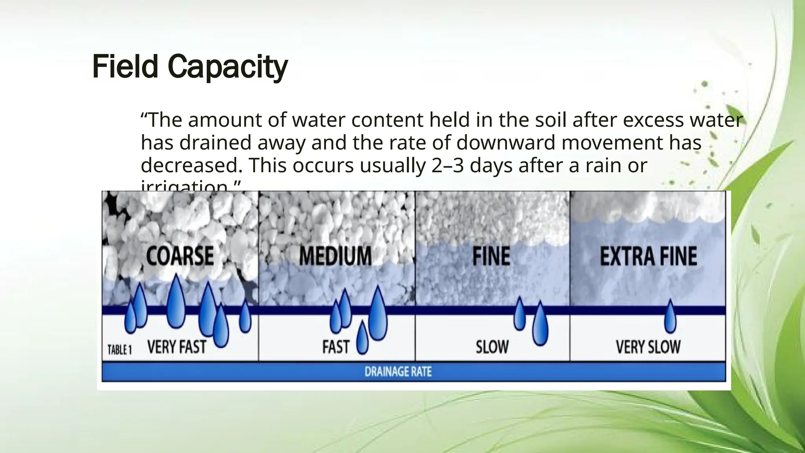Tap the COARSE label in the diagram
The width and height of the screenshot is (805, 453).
(x=180, y=256)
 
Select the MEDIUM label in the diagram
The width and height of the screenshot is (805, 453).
(x=335, y=256)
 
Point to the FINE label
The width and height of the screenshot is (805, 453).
(x=491, y=256)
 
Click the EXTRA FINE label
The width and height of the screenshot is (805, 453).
(x=649, y=256)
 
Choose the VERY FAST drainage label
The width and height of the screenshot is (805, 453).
(x=176, y=347)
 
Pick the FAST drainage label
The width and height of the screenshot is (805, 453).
(x=336, y=347)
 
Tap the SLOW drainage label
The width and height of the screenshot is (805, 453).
(x=492, y=347)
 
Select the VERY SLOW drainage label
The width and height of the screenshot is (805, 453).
(x=648, y=347)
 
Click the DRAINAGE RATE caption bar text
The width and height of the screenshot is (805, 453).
(x=398, y=372)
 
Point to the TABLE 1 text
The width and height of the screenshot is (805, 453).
(x=119, y=350)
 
